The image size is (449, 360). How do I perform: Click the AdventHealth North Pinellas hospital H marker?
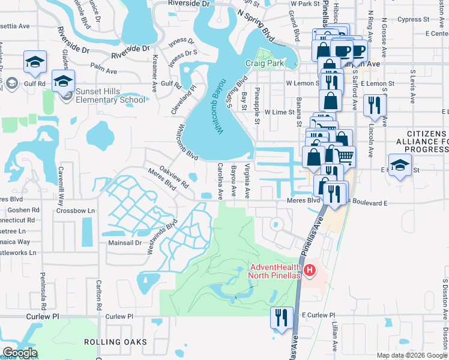pos(310,271)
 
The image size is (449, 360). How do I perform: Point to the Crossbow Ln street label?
pos(76,211)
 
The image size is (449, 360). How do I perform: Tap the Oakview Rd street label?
pos(173,178)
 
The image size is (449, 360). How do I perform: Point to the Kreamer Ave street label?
pos(154,68)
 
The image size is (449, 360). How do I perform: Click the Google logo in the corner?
pos(20,353)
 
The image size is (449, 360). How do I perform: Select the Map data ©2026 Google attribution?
pos(412,355)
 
